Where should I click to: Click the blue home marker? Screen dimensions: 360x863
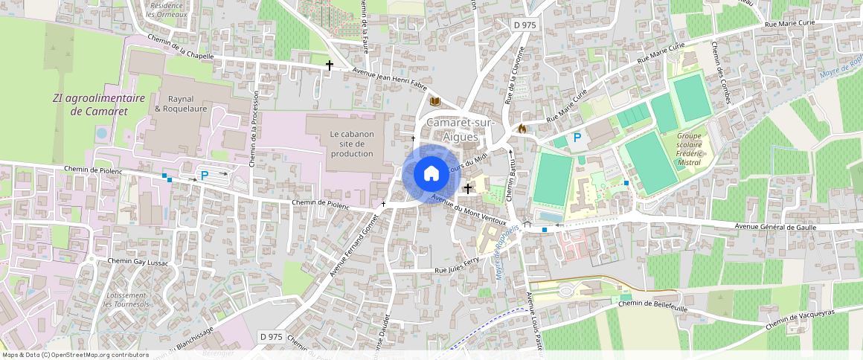click(x=431, y=174)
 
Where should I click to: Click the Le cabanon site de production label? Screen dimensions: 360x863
click(x=351, y=144)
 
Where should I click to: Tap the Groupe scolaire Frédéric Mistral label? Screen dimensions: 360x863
click(x=689, y=147)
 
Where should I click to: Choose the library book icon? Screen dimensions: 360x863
click(x=435, y=100)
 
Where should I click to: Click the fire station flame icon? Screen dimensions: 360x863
click(x=522, y=128)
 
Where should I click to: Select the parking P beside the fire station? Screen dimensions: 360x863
click(x=577, y=138)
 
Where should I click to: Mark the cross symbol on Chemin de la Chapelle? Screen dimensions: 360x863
click(x=329, y=65)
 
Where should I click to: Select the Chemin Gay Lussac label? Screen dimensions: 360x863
click(x=139, y=262)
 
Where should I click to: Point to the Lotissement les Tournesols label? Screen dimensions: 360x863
click(x=127, y=300)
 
